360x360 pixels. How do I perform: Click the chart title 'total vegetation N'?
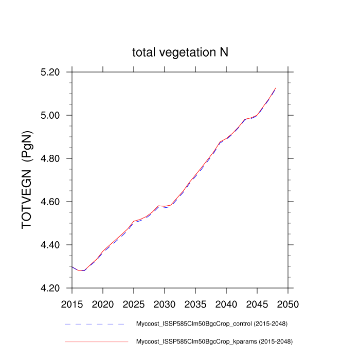click(181, 52)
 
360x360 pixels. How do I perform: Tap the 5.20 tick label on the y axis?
click(54, 72)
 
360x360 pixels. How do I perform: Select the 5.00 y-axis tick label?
click(54, 115)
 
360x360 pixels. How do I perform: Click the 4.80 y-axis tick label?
click(54, 158)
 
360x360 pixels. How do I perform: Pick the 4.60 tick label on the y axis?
click(54, 202)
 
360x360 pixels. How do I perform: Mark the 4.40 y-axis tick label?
click(54, 245)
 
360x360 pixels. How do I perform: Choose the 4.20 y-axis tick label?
click(54, 288)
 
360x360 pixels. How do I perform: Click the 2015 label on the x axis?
click(72, 303)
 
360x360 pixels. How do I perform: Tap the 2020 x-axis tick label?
click(103, 303)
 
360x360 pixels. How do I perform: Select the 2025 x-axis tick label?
click(134, 303)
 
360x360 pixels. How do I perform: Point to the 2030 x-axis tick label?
click(165, 303)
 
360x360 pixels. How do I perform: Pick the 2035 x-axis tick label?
click(195, 303)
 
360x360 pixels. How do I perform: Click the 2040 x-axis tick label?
click(226, 303)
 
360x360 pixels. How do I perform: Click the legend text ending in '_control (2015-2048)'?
click(211, 325)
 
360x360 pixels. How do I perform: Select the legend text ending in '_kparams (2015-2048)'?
click(211, 341)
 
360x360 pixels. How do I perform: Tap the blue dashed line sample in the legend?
click(96, 325)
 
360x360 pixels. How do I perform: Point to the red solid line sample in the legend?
click(96, 341)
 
